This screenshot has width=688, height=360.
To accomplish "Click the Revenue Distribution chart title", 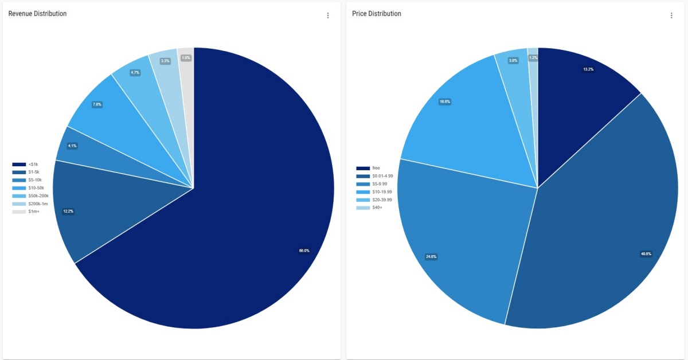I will [x=37, y=14].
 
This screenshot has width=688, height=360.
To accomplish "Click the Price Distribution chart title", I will [x=376, y=14].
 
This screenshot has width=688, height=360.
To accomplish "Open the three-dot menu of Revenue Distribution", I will [x=328, y=15].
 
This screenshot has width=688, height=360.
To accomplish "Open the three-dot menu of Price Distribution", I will [x=671, y=15].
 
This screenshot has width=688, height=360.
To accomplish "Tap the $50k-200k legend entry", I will [x=38, y=196].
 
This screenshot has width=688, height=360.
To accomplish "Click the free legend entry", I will [x=376, y=168].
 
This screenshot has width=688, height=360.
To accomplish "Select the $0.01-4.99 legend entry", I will [x=382, y=176].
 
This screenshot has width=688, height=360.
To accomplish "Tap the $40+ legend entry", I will [x=377, y=208].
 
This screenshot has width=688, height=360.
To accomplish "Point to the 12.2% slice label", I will [x=68, y=212].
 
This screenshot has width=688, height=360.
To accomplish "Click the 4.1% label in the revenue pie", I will [x=72, y=146].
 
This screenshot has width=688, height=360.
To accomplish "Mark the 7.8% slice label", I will [x=97, y=104].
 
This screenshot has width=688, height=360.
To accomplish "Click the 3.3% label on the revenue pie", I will [x=165, y=61].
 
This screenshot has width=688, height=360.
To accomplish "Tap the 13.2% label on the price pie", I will [x=588, y=69].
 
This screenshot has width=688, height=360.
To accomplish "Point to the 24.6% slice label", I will [x=431, y=256].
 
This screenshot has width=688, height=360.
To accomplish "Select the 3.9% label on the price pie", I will [x=513, y=61].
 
